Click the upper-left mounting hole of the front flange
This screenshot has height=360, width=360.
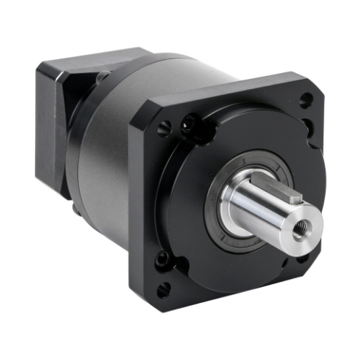tap(165, 129)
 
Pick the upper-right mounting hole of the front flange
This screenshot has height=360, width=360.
tap(306, 100)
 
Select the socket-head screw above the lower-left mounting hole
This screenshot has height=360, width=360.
tap(162, 258)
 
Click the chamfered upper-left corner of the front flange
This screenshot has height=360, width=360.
tap(139, 117)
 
